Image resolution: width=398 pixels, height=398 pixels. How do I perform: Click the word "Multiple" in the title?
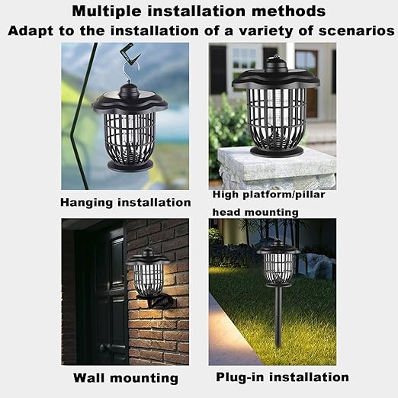107,11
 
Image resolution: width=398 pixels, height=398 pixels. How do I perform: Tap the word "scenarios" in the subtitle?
357,31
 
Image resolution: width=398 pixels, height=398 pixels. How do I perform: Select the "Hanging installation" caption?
126,203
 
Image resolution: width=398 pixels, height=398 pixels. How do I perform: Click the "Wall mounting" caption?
126,378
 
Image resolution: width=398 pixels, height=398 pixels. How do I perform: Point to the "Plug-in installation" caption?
282,377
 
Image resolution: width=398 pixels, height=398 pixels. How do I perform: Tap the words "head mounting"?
255,212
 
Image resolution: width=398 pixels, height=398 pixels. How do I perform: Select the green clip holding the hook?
130,55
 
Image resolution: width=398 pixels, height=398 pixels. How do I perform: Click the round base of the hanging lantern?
130,165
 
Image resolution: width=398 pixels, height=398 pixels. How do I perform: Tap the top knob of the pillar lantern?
276,63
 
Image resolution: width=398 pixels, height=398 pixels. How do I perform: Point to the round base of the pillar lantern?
277,151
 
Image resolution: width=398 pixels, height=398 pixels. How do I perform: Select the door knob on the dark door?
104,348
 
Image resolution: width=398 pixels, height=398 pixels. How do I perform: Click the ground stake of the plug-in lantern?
278,316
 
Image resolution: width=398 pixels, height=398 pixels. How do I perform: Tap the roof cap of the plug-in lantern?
278,247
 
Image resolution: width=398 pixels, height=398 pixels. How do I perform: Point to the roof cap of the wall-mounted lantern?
148,257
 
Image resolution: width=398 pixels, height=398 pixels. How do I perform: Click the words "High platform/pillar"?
268,194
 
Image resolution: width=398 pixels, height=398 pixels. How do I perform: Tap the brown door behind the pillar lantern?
307,84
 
